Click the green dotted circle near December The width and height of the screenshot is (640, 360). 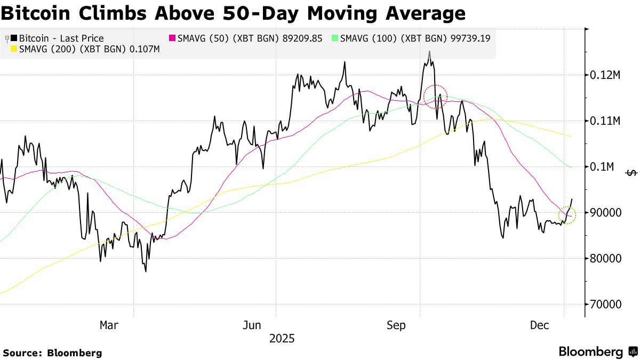point(567,215)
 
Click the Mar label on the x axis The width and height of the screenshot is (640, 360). point(109,325)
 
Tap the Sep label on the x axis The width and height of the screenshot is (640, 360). point(396,325)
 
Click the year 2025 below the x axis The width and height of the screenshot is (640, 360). point(282,339)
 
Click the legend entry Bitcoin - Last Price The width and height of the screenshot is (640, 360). point(61,38)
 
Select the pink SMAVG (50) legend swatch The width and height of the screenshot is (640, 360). point(172,38)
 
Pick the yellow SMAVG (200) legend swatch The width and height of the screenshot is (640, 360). point(14,49)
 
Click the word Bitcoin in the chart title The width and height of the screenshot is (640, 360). point(38,12)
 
